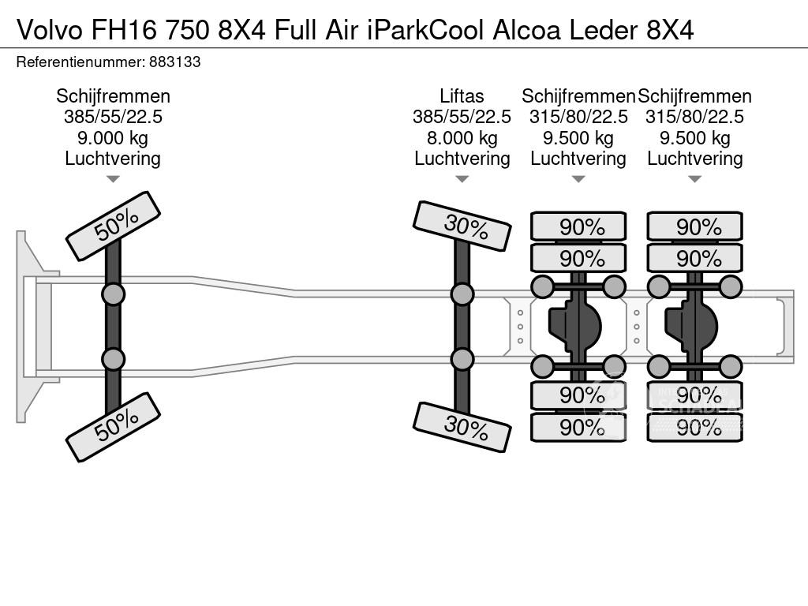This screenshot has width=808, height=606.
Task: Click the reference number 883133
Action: [x=174, y=62]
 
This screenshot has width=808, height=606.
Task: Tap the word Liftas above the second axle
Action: [x=462, y=96]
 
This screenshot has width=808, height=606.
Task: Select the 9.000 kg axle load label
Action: [x=113, y=138]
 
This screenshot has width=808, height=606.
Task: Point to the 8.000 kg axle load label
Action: [x=462, y=138]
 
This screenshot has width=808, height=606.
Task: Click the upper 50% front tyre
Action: [x=114, y=226]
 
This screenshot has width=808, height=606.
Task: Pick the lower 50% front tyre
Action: [x=114, y=427]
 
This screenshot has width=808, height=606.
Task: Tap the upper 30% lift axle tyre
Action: [x=462, y=226]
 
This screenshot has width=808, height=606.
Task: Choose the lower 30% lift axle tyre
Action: [x=462, y=427]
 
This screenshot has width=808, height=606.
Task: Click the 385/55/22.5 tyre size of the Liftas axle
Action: [x=462, y=117]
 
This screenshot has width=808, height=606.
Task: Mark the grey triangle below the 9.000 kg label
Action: [x=113, y=179]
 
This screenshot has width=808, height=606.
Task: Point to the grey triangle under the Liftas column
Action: [x=462, y=179]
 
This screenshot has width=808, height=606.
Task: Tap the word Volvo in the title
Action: [x=50, y=31]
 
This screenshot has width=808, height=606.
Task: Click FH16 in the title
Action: [x=124, y=31]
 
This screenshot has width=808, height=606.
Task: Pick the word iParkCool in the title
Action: [x=425, y=31]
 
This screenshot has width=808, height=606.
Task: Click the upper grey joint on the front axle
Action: [x=114, y=295]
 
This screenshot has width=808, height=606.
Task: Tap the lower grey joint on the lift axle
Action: [x=462, y=359]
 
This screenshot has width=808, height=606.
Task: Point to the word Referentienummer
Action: [x=80, y=62]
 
